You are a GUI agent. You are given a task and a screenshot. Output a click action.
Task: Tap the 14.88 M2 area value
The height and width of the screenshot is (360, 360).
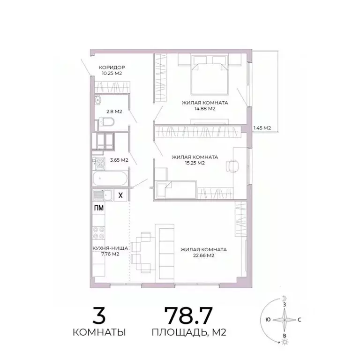[x=205, y=109]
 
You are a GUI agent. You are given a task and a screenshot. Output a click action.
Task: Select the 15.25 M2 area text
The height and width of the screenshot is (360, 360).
[x=195, y=163]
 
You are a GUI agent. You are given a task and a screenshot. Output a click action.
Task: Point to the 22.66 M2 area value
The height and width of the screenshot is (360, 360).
[x=203, y=255]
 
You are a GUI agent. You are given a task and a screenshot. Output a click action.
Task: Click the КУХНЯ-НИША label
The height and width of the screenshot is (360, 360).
[x=105, y=249]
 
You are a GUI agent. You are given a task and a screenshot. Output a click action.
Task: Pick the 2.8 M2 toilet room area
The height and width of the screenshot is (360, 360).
[x=114, y=112]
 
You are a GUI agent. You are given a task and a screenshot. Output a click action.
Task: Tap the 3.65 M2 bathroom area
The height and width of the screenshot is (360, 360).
[x=119, y=160]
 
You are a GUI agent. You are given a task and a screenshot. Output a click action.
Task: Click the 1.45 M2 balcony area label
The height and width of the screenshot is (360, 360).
[x=262, y=127]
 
